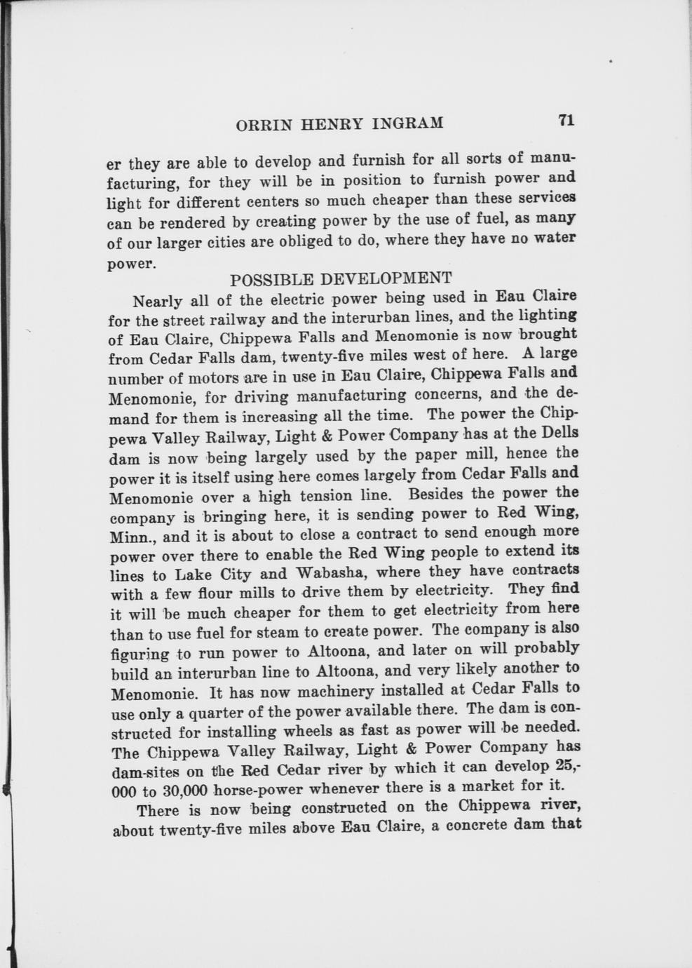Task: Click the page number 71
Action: (x=566, y=121)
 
